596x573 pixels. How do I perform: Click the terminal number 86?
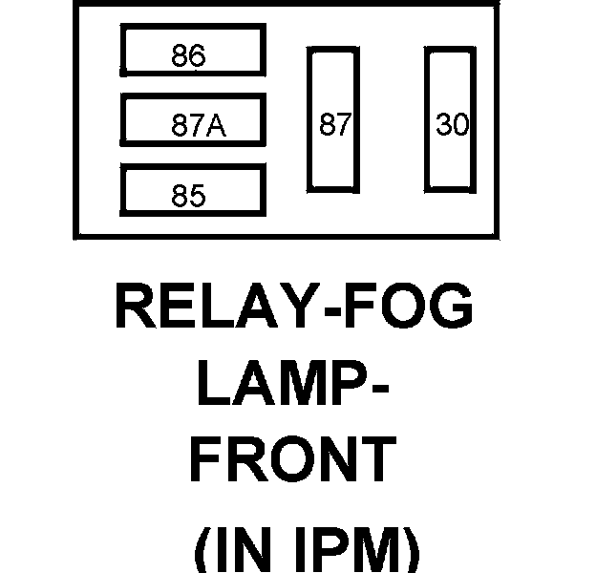189,56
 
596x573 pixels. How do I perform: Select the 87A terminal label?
199,126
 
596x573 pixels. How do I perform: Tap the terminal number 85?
189,196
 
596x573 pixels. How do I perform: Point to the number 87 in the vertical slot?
335,125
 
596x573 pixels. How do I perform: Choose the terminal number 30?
452,125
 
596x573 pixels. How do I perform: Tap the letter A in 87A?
219,126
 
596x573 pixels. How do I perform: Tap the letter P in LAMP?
348,387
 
